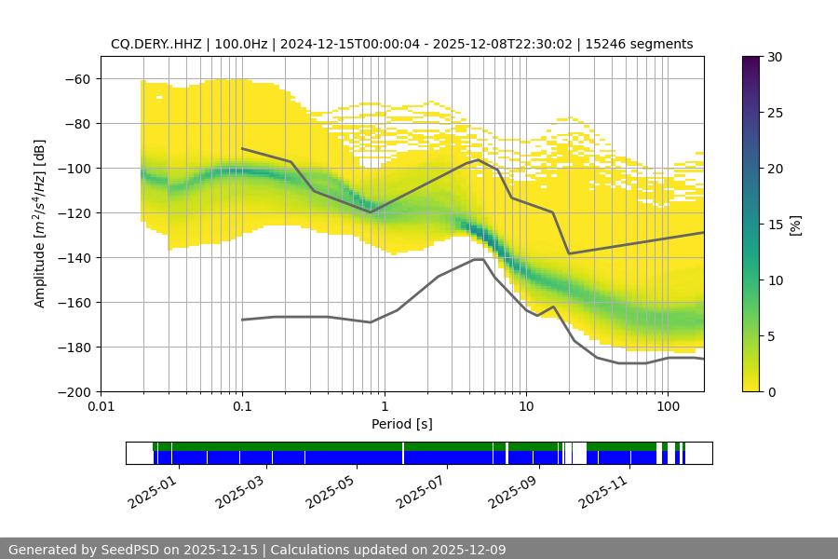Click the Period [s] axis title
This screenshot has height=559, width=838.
[x=402, y=424]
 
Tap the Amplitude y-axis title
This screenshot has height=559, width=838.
[x=40, y=225]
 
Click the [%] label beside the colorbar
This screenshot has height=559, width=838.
[x=794, y=225]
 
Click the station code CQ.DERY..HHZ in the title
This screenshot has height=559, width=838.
[x=153, y=44]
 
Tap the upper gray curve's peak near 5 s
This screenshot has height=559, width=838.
[x=479, y=159]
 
